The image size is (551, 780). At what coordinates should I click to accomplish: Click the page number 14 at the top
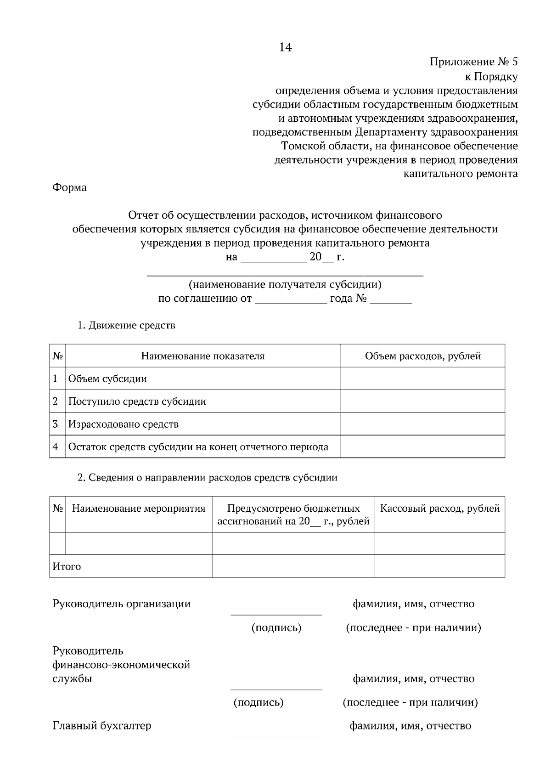click(285, 47)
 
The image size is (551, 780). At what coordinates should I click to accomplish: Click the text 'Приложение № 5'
click(473, 62)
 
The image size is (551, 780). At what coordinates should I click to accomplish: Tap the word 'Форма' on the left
click(69, 187)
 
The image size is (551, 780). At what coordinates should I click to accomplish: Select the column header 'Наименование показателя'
click(202, 356)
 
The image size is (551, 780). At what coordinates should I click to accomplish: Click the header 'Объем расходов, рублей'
click(422, 356)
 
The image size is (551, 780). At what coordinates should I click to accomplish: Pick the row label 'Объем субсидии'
click(107, 379)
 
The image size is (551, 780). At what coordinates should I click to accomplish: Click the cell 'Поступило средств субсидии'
click(137, 401)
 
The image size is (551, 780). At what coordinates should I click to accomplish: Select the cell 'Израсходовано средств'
click(123, 424)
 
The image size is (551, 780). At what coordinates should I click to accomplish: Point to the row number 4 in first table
click(56, 447)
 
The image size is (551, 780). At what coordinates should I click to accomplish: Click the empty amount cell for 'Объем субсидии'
click(422, 379)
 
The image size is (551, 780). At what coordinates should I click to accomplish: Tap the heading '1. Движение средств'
click(126, 326)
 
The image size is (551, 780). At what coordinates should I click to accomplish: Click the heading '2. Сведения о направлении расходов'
click(207, 478)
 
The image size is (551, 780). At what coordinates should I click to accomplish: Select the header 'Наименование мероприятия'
click(139, 509)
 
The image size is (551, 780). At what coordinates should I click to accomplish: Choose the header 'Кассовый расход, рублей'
click(439, 509)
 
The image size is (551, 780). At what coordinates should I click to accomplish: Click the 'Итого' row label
click(67, 566)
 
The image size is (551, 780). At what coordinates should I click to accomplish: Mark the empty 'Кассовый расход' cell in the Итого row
click(439, 566)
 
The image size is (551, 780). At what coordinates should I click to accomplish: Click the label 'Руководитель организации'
click(122, 604)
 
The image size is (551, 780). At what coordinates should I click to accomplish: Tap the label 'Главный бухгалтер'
click(102, 726)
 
